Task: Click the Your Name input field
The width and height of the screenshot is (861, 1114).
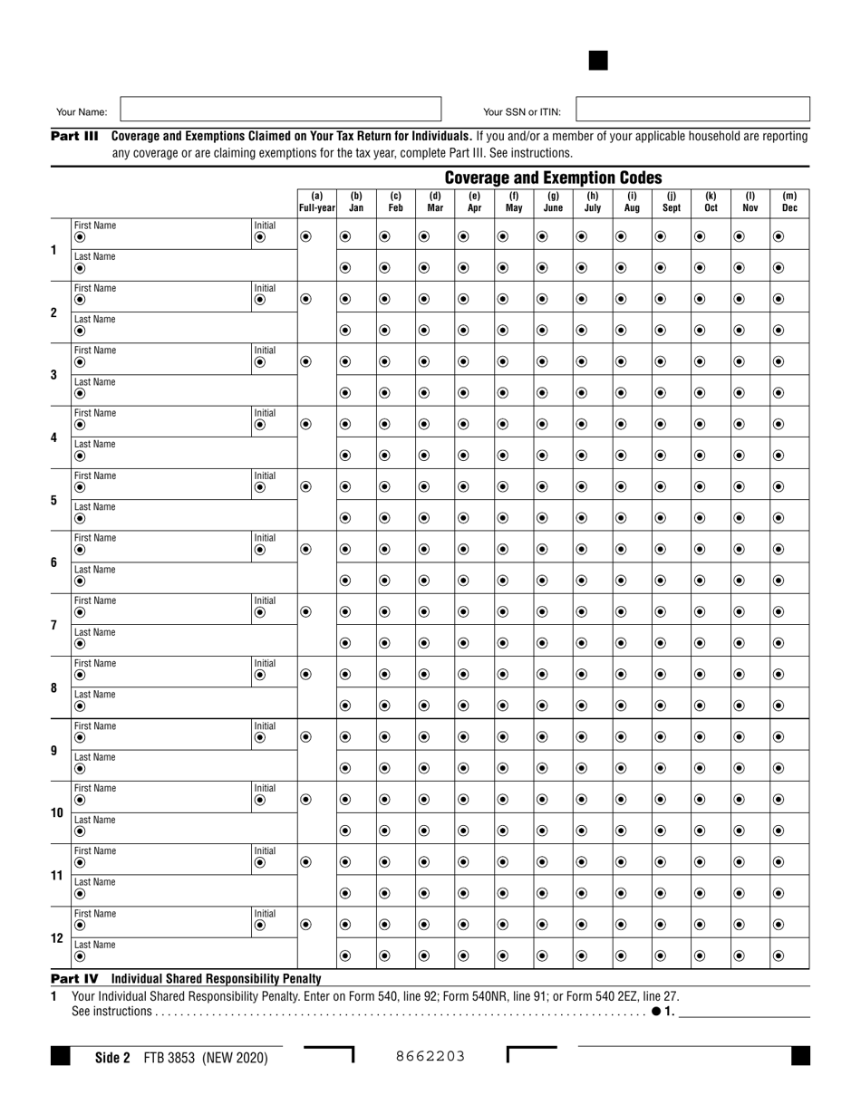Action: coord(280,110)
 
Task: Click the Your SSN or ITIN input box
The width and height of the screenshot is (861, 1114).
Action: coord(692,110)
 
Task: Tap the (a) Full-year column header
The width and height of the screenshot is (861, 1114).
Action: coord(317,201)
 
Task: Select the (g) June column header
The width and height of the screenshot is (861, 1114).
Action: coord(553,201)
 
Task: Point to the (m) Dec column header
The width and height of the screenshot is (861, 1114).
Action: coord(789,201)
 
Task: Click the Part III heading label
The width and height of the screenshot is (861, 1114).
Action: coord(75,136)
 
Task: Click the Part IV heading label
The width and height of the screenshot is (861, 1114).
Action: coord(75,979)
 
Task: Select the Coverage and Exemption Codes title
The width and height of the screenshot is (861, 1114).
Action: coord(553,178)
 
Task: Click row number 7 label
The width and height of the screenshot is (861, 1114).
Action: coord(53,626)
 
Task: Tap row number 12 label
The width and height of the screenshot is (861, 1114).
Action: coord(53,938)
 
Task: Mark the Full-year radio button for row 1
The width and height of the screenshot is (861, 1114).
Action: coord(305,236)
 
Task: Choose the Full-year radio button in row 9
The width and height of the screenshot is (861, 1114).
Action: coord(305,737)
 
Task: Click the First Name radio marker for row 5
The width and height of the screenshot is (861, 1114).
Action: coord(80,487)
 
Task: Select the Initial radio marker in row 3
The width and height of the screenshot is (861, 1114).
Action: coord(261,362)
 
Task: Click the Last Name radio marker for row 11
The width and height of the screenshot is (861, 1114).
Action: coord(80,894)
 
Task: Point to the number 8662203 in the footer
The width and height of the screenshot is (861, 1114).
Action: coord(431,1055)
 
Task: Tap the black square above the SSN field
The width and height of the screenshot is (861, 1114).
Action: coord(598,61)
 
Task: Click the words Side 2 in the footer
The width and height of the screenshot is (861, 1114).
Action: coord(113,1057)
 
